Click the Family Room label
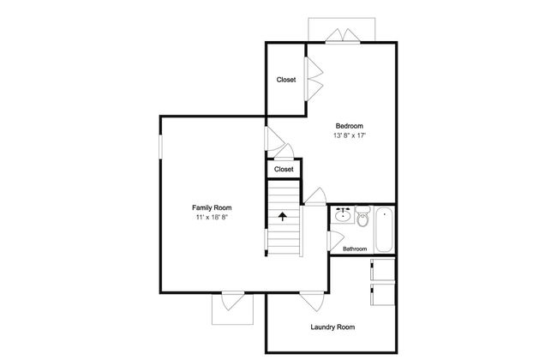pyautogui.click(x=212, y=208)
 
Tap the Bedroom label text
pyautogui.click(x=350, y=126)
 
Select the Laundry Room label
pyautogui.click(x=332, y=327)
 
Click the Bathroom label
pyautogui.click(x=355, y=249)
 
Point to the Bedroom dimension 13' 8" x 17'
pyautogui.click(x=350, y=135)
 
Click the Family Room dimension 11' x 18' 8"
pyautogui.click(x=212, y=217)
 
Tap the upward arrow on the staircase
pyautogui.click(x=283, y=216)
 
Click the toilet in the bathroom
pyautogui.click(x=362, y=216)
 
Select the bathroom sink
pyautogui.click(x=343, y=215)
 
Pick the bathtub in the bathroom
pyautogui.click(x=384, y=230)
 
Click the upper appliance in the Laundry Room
pyautogui.click(x=382, y=270)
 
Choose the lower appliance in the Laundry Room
pyautogui.click(x=382, y=295)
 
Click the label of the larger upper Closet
pyautogui.click(x=286, y=80)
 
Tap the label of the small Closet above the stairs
pyautogui.click(x=284, y=170)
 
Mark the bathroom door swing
pyautogui.click(x=337, y=241)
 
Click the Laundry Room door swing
pyautogui.click(x=313, y=301)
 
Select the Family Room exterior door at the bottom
pyautogui.click(x=233, y=301)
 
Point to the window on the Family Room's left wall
pyautogui.click(x=160, y=146)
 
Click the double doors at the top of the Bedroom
pyautogui.click(x=343, y=36)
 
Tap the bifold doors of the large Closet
pyautogui.click(x=314, y=79)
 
